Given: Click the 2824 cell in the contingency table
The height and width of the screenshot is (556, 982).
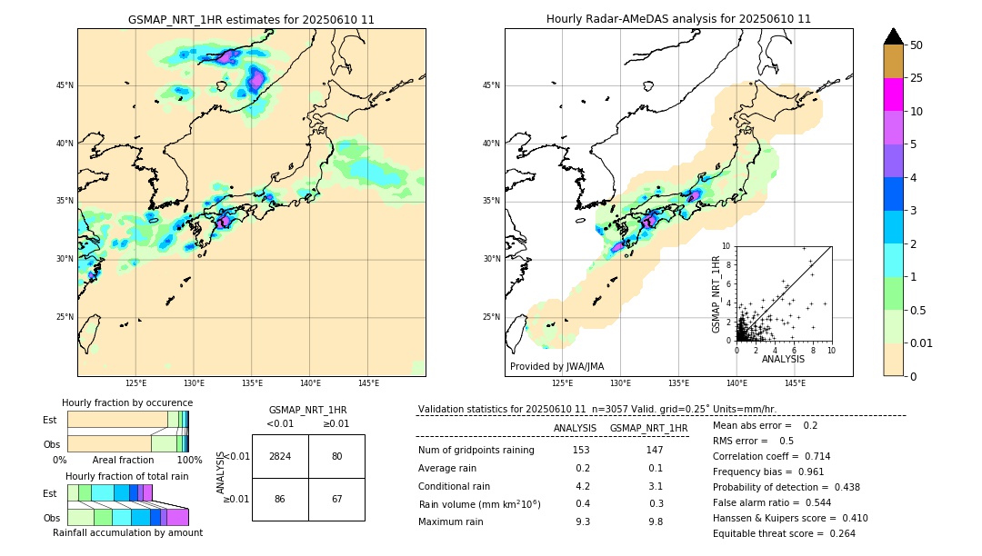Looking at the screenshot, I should (x=280, y=456).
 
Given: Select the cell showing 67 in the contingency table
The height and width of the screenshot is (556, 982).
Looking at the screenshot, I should (x=336, y=499).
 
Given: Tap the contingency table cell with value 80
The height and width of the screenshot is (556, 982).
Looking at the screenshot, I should (x=336, y=456).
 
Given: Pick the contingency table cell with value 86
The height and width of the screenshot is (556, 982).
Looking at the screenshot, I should (x=280, y=499).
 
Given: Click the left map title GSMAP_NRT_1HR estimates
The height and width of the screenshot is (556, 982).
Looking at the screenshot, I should (x=251, y=19).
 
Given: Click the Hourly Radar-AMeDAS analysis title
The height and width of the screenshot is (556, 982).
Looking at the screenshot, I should (x=678, y=19).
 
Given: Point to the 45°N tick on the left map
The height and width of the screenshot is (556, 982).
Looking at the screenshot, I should (x=65, y=85).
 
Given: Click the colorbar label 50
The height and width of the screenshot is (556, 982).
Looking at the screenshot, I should (x=917, y=45).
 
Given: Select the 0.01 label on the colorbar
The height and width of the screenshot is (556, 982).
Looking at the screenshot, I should (x=922, y=343).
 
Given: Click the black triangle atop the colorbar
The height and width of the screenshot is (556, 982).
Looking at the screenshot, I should (x=894, y=36).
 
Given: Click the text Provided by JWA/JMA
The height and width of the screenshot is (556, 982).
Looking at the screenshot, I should (x=556, y=367).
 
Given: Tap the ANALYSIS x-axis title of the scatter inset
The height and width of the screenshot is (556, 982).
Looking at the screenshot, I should (x=783, y=359).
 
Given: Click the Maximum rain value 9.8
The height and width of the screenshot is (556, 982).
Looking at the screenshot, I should (x=655, y=521).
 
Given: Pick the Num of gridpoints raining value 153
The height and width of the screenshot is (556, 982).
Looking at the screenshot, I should (x=581, y=451).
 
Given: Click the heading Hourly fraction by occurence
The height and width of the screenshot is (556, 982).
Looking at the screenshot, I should (x=127, y=402).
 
